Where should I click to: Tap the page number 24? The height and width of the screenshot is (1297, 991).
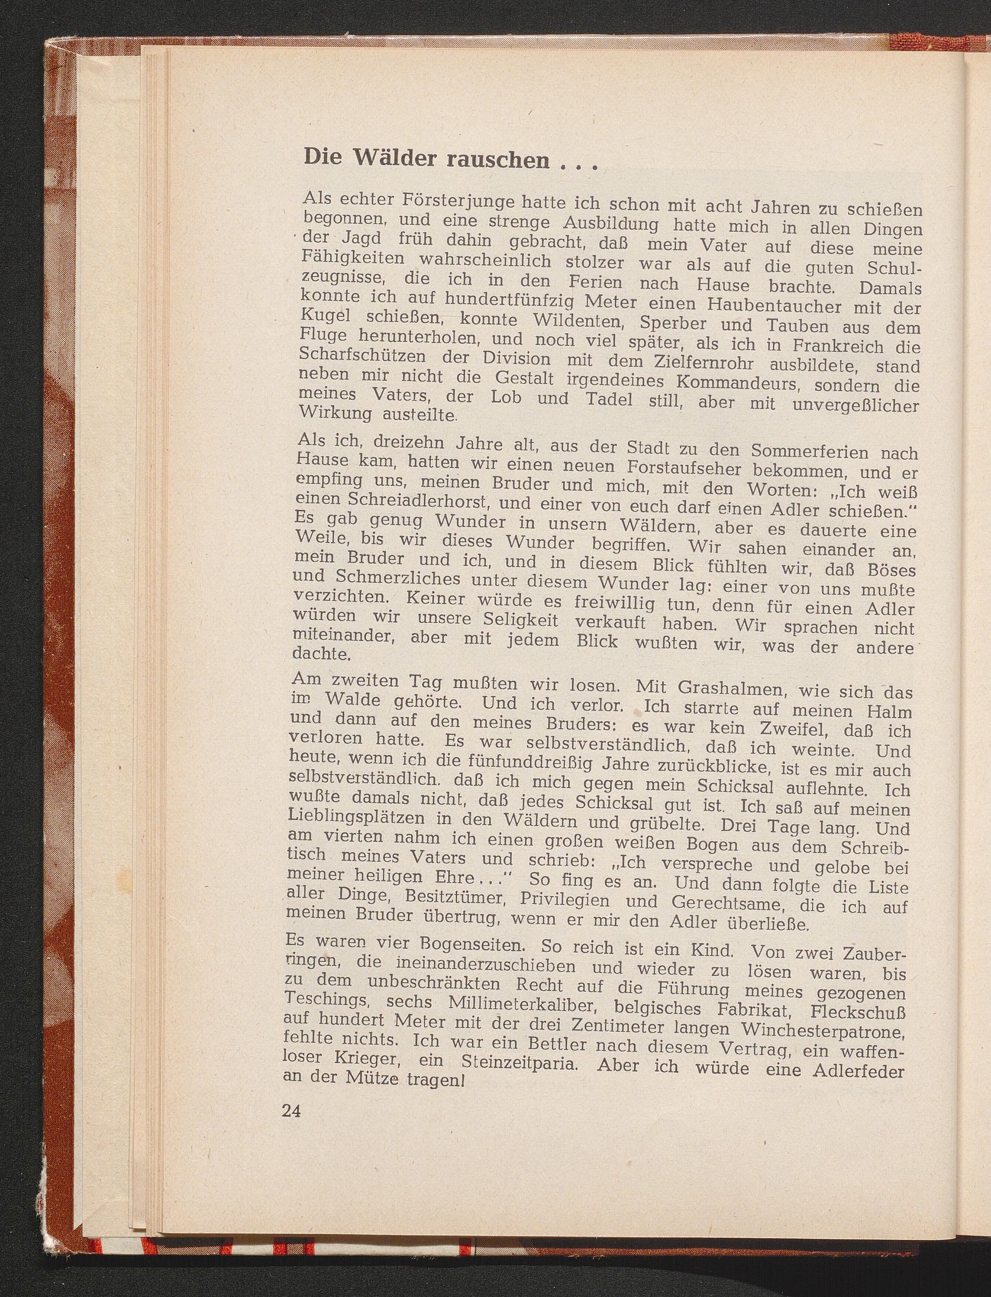[292, 1112]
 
